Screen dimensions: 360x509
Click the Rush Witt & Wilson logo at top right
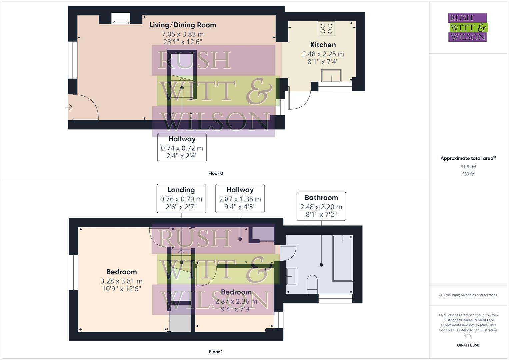467,27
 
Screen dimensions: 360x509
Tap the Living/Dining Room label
182,25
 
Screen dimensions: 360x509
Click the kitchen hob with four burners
326,28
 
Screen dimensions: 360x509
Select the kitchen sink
331,75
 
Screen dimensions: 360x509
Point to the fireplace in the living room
121,19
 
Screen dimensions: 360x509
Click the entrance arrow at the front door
70,107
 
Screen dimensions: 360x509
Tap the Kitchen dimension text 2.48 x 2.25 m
323,54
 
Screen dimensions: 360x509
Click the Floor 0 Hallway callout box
182,147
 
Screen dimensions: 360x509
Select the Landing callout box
181,198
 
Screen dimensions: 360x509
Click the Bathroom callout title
321,198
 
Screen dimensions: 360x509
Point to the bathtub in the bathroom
343,258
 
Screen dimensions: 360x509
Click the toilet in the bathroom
312,284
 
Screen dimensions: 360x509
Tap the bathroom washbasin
292,276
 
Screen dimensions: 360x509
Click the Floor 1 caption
215,352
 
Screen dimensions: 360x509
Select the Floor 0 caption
215,173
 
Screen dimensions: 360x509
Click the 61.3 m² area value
468,167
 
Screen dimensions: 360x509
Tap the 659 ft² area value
468,174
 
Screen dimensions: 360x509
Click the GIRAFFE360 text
468,345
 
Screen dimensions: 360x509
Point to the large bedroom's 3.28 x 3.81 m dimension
121,281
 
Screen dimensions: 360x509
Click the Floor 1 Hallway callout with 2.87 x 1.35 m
240,198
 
